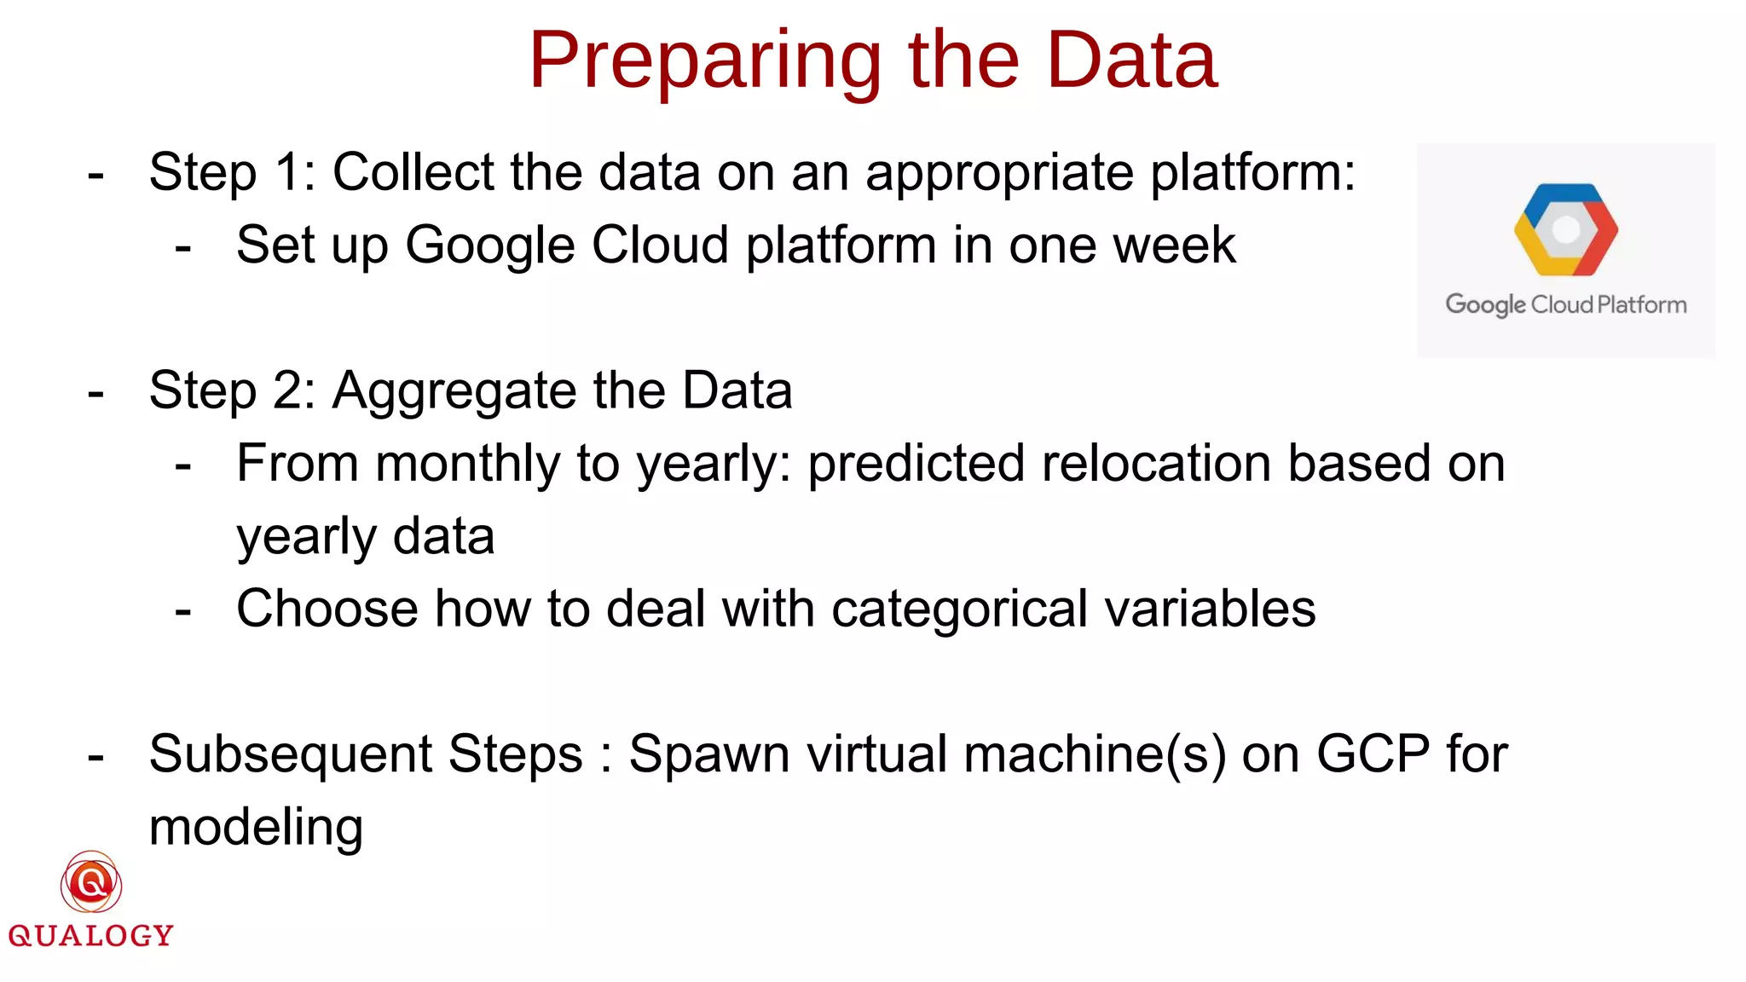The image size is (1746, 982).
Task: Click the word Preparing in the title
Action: (x=704, y=61)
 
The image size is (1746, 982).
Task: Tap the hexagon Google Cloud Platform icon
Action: (x=1565, y=229)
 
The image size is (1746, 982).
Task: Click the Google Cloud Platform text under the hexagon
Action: (x=1565, y=304)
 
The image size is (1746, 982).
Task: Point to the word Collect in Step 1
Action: (x=413, y=172)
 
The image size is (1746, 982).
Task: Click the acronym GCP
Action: (x=1373, y=754)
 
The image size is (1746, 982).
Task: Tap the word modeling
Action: (x=256, y=829)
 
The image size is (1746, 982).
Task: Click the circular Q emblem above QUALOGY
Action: (x=91, y=883)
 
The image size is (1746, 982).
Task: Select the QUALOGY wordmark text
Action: (x=91, y=936)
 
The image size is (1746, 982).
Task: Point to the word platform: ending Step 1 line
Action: (x=1252, y=174)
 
